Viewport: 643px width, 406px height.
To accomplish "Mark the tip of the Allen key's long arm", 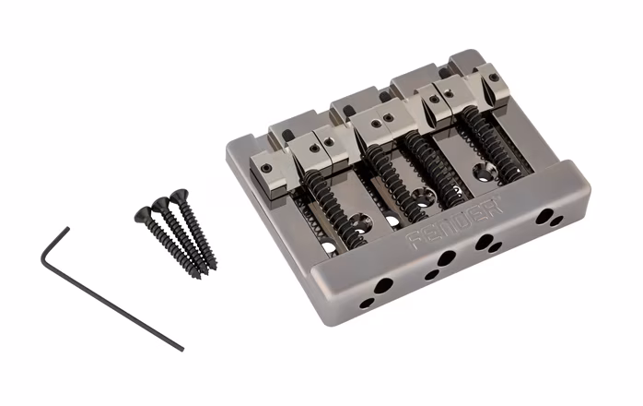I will click(x=181, y=348).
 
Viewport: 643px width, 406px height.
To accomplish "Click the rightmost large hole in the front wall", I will click(x=544, y=217).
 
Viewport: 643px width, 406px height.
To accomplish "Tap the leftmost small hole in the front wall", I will click(x=367, y=302).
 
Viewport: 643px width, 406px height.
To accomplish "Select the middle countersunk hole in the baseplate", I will click(x=422, y=197).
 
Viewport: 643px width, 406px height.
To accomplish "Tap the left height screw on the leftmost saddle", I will click(x=266, y=168).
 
